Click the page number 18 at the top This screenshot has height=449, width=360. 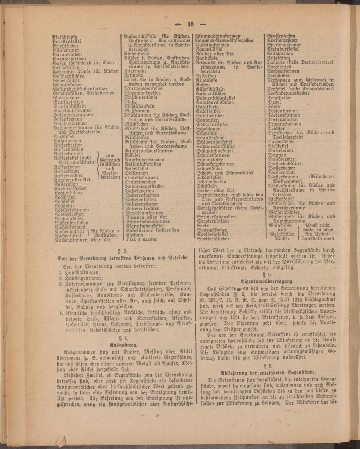coord(190,24)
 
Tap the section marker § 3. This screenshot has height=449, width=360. coord(124,251)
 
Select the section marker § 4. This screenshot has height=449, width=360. coord(124,338)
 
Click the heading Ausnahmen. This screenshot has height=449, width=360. coord(124,345)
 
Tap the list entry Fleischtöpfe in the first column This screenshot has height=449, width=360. coord(65,37)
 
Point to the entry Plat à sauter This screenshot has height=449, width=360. coord(141,239)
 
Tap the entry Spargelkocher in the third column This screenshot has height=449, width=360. coord(212,230)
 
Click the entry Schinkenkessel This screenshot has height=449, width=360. coord(211,137)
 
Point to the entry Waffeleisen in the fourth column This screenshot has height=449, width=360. coord(281,150)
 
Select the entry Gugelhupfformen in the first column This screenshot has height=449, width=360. coord(72,110)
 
